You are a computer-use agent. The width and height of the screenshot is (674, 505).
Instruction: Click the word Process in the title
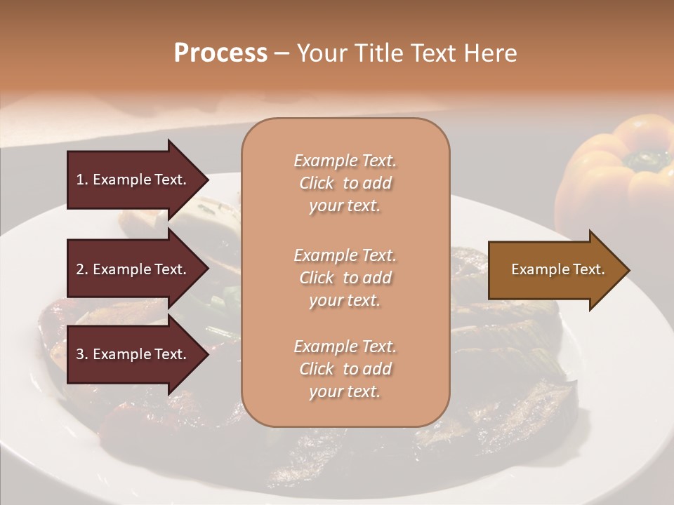220,53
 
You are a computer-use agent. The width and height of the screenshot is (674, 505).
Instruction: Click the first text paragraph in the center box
345,183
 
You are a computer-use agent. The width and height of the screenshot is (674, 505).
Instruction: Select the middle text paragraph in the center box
345,278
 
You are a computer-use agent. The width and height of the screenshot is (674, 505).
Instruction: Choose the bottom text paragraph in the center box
345,369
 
